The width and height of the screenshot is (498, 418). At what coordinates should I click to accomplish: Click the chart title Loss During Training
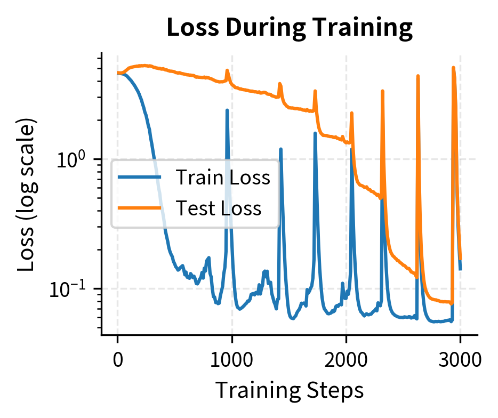coord(290,28)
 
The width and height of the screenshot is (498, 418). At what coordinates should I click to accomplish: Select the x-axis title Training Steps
coord(290,390)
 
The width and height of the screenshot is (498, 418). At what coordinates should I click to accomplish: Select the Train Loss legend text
coord(223,177)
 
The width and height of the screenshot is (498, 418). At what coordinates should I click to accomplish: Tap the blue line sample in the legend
coord(140,177)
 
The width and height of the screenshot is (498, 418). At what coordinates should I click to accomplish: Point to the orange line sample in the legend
coord(140,207)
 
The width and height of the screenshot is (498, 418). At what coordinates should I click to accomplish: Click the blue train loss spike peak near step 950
coord(227,110)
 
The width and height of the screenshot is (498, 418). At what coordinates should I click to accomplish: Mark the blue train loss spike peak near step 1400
coord(280,149)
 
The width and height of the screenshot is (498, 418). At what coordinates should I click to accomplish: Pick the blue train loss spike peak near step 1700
coord(315,133)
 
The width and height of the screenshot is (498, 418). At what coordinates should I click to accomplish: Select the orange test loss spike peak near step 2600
coord(418,76)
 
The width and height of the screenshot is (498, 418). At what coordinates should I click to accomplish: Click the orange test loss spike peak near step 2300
coord(382,91)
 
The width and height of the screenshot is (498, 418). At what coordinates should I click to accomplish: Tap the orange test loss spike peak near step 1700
coord(315,91)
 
